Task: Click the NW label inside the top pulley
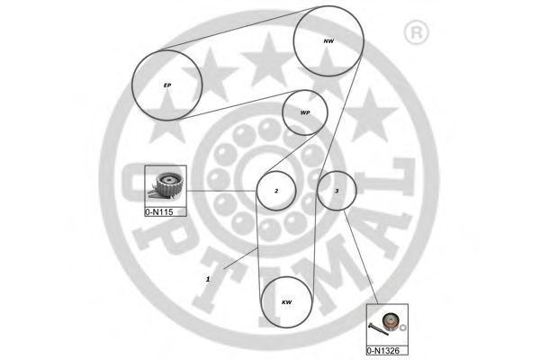click(x=328, y=41)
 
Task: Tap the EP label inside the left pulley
click(x=167, y=85)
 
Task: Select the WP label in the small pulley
click(x=305, y=112)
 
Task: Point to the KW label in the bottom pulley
click(x=286, y=302)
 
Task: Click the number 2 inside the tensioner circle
click(x=276, y=191)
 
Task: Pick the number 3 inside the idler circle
click(x=337, y=191)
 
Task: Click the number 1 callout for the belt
click(x=208, y=279)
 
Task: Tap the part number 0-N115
click(x=158, y=211)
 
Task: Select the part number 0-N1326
click(x=383, y=351)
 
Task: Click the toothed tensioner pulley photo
click(x=166, y=185)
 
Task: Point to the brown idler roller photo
click(x=391, y=321)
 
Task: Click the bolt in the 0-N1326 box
click(x=378, y=328)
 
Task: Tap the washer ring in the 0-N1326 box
click(x=403, y=327)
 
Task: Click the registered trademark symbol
click(x=416, y=32)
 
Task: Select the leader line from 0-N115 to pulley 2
click(x=221, y=191)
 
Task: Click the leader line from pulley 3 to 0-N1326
click(x=361, y=257)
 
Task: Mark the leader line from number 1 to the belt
click(x=240, y=257)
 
